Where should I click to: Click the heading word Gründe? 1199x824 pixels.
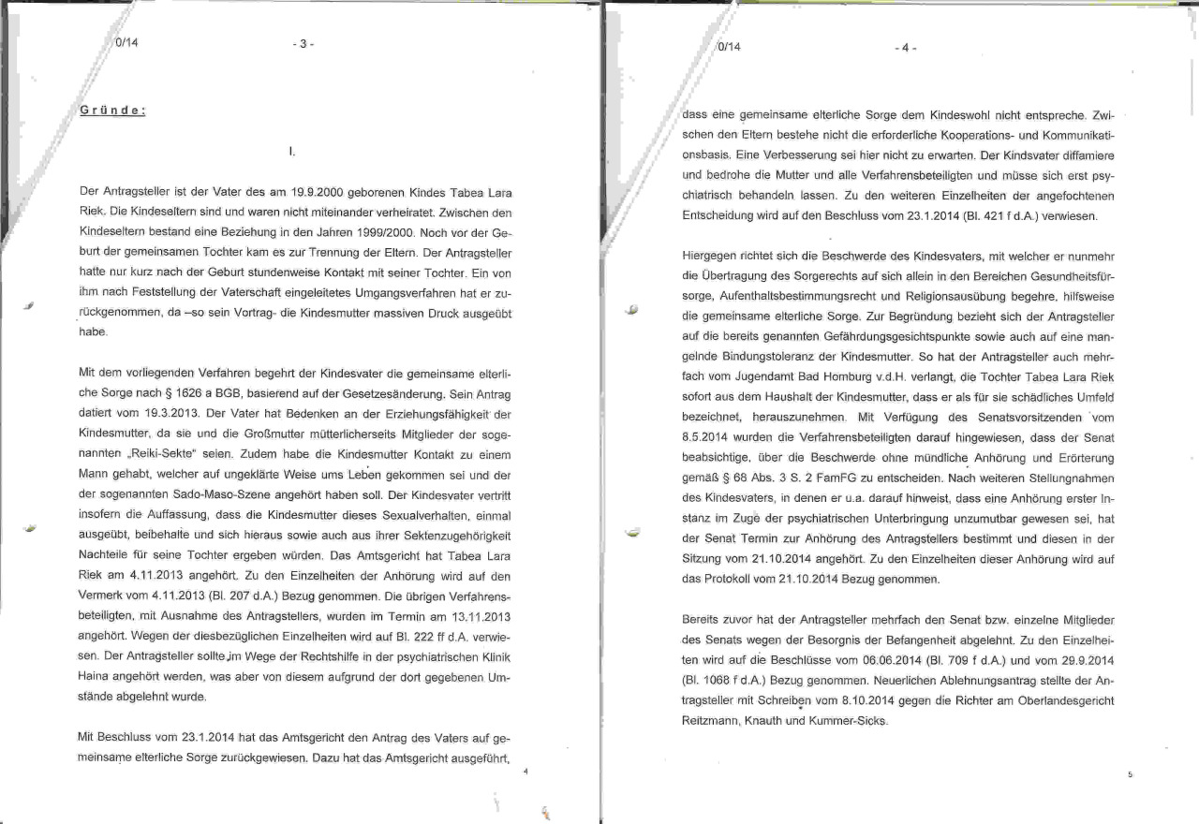pos(111,110)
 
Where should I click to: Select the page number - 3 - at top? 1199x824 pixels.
pos(302,44)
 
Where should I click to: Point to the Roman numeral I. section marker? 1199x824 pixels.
pos(294,150)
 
